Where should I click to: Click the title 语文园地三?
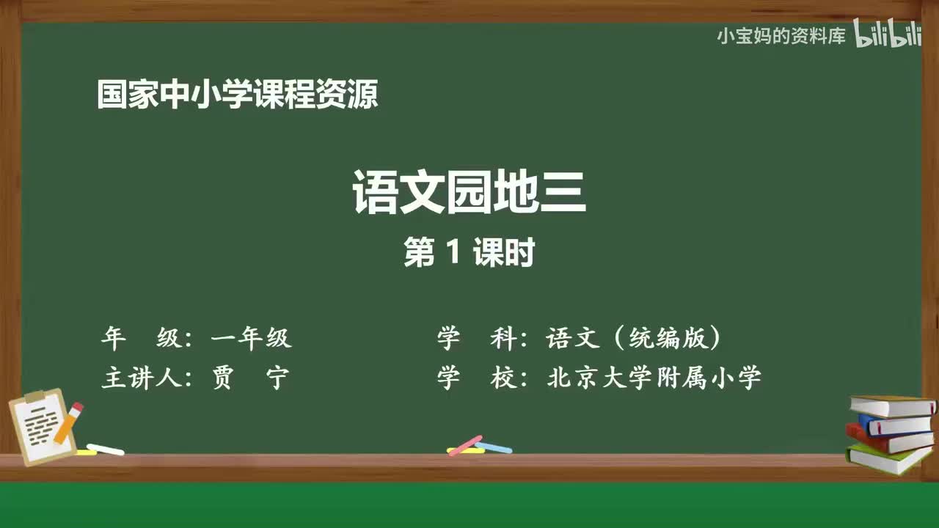click(469, 192)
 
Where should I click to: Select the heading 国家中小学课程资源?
click(238, 95)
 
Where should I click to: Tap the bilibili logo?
click(888, 35)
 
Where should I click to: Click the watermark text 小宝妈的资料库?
click(781, 37)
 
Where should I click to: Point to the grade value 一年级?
click(251, 338)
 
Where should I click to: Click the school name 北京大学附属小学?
click(654, 378)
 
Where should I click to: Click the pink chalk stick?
click(464, 444)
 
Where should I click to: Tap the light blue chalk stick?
click(494, 447)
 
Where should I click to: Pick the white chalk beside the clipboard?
click(106, 449)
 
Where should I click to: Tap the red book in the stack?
click(888, 440)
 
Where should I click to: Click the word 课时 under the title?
click(503, 254)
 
